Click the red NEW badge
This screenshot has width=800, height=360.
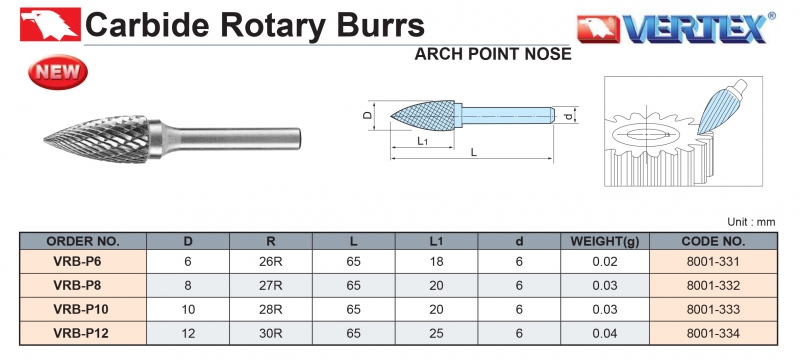click(58, 72)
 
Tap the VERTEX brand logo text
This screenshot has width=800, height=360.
click(695, 29)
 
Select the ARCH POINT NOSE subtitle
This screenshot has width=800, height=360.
click(492, 54)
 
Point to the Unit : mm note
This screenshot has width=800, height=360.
click(751, 222)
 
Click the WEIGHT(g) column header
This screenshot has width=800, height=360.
click(605, 241)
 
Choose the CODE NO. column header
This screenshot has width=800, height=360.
click(713, 241)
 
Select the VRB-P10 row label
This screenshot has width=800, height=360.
click(81, 310)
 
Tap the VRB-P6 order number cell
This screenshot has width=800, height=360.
click(78, 262)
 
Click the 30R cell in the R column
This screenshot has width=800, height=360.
click(271, 333)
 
